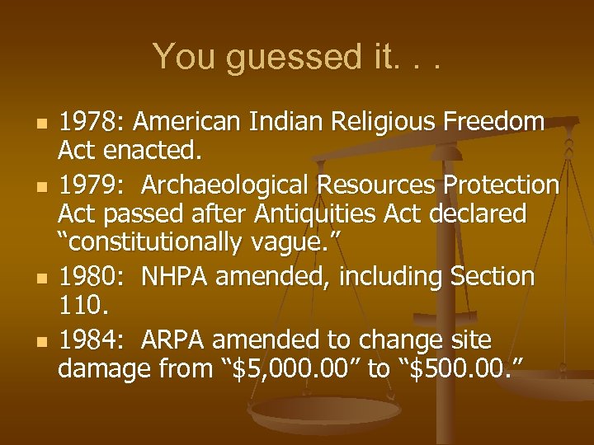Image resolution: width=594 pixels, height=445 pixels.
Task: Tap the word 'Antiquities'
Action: [299, 214]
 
